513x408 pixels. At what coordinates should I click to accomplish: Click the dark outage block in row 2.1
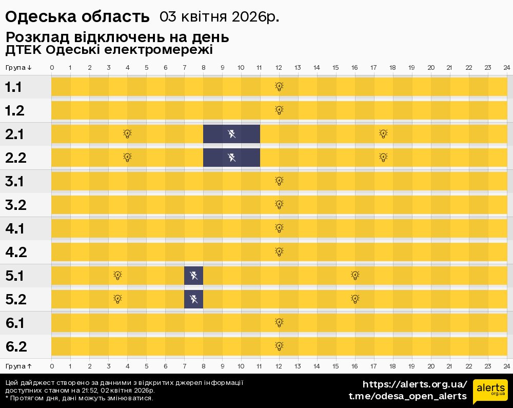click(231, 134)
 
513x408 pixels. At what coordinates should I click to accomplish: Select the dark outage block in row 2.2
click(231, 157)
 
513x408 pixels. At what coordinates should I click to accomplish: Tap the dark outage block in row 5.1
click(193, 276)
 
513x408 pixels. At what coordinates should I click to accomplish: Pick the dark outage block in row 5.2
click(193, 299)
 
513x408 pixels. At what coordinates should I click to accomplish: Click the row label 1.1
click(13, 87)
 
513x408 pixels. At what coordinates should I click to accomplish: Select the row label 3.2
click(16, 205)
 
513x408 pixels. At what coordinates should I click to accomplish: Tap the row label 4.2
click(16, 252)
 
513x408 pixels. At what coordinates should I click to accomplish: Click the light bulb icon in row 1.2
click(279, 110)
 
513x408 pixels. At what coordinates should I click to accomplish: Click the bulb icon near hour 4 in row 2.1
click(127, 134)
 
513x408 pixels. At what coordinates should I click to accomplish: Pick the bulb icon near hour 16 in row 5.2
click(355, 299)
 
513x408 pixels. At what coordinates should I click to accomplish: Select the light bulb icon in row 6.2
click(279, 346)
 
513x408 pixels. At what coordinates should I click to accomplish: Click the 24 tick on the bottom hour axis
click(506, 366)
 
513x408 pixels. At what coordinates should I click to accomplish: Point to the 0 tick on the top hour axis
click(52, 68)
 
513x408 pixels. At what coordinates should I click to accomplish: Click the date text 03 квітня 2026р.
click(219, 16)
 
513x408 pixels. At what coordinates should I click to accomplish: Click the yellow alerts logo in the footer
click(490, 392)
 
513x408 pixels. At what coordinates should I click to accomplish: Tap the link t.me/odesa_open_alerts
click(408, 396)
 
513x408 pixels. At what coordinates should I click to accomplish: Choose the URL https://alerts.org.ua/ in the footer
click(415, 384)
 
